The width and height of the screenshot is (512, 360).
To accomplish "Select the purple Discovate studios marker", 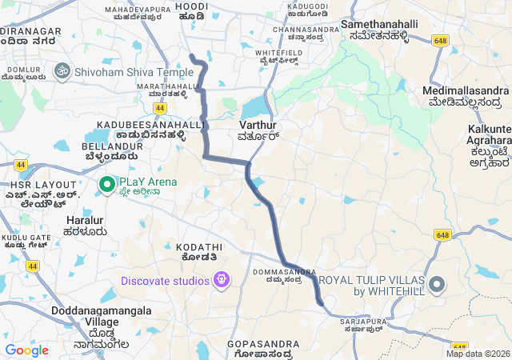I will [222, 281].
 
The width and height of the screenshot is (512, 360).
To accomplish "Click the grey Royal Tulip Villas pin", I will [436, 285].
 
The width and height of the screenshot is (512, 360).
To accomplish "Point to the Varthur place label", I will [258, 126].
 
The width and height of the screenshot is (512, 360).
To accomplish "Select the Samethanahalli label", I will [380, 25].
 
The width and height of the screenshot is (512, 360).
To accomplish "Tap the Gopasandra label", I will [262, 343].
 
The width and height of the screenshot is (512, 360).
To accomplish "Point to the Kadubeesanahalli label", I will [150, 125].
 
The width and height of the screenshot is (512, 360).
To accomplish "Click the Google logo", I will [26, 350].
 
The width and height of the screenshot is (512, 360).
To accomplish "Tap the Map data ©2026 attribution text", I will [478, 354].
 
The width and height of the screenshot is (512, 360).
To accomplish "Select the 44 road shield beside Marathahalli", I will [160, 107].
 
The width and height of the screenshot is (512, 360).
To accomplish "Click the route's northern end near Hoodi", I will [191, 54].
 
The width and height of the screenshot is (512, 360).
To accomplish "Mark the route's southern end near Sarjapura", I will [321, 303].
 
